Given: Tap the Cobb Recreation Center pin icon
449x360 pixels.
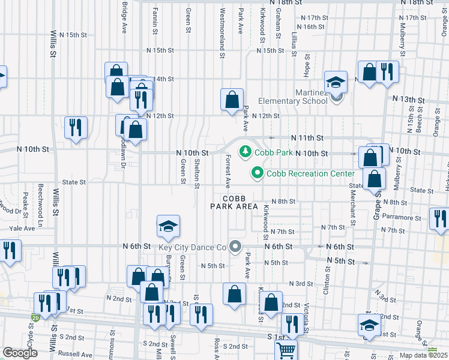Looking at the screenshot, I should pyautogui.click(x=258, y=173).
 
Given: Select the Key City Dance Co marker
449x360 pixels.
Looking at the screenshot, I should pyautogui.click(x=235, y=247).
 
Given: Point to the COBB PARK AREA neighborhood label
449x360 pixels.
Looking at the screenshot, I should pyautogui.click(x=234, y=202).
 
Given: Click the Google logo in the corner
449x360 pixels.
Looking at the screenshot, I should pyautogui.click(x=20, y=353).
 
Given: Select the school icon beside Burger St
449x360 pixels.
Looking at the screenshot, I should pyautogui.click(x=169, y=226).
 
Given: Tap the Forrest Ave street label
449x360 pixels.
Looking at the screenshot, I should pyautogui.click(x=228, y=172).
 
